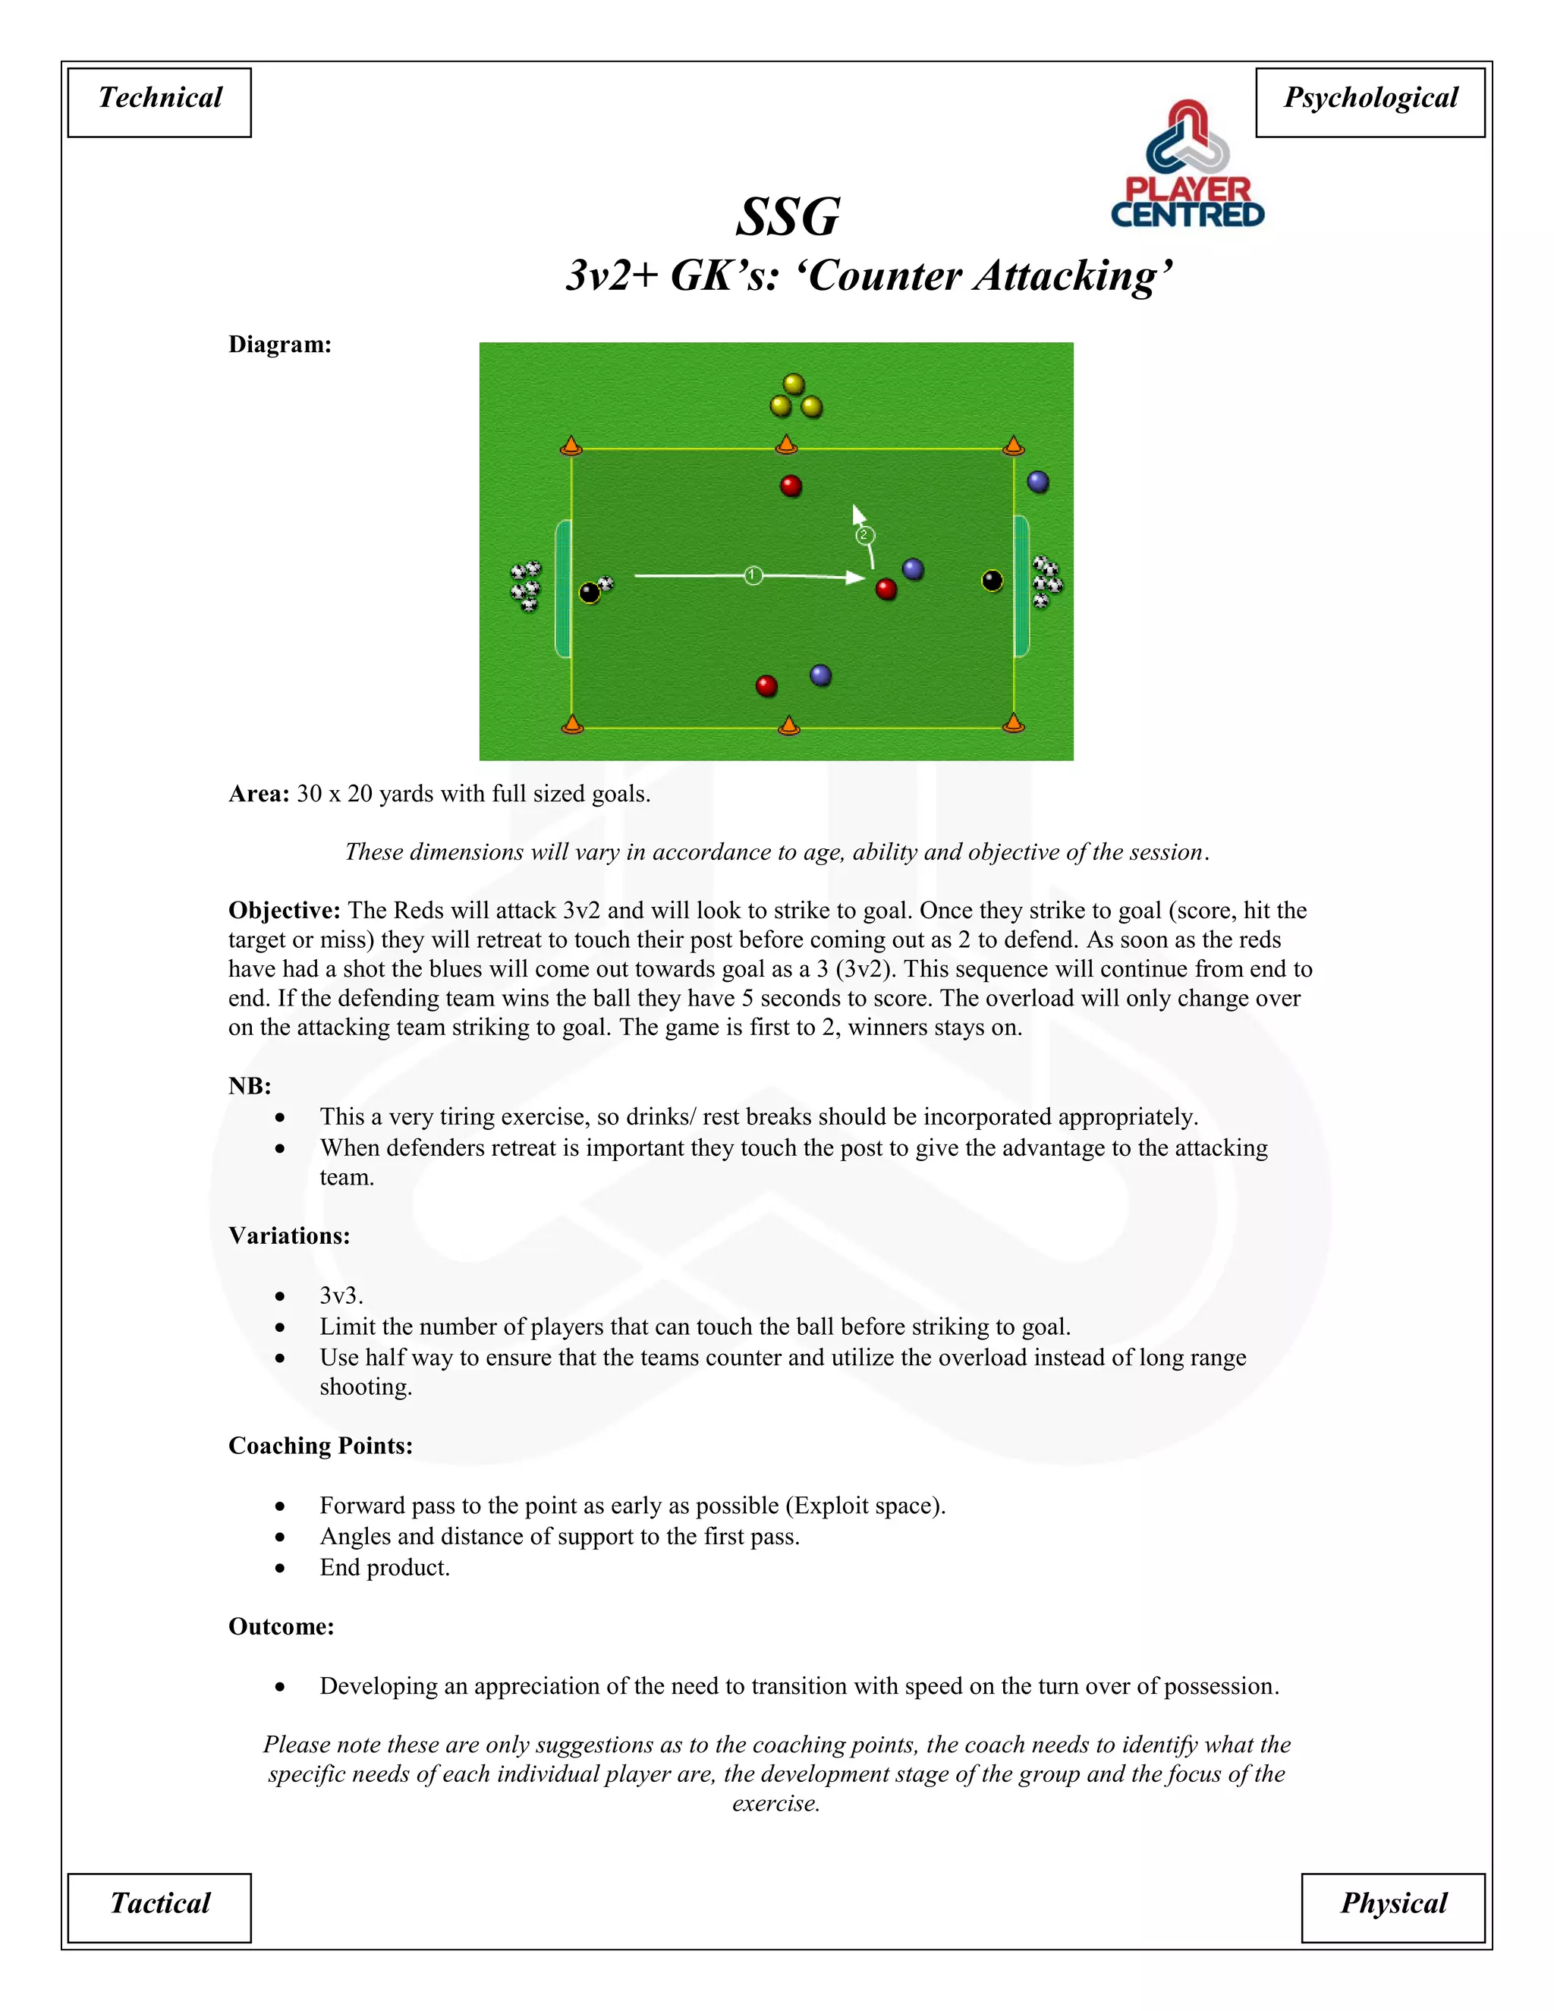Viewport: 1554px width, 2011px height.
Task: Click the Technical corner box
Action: pos(159,102)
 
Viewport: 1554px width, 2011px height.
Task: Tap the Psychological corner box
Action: pos(1370,102)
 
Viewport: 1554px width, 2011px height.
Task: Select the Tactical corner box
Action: pos(159,1907)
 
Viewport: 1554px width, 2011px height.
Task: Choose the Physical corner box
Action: pos(1393,1907)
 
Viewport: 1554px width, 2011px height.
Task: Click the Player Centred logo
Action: pos(1188,165)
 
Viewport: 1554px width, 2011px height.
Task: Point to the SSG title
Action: pos(788,217)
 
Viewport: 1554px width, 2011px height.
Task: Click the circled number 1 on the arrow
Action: pos(753,575)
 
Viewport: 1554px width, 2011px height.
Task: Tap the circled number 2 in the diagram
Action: pos(864,535)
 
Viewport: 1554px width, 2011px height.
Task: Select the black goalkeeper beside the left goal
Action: pos(589,592)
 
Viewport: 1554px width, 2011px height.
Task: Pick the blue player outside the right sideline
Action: pos(1037,482)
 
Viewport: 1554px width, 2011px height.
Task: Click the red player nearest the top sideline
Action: pos(791,485)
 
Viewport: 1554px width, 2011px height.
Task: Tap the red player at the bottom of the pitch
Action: pos(766,685)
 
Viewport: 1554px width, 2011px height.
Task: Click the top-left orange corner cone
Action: pos(571,446)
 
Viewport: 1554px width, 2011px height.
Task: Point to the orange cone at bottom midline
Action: pos(789,725)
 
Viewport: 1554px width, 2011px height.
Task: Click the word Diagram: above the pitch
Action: pos(280,345)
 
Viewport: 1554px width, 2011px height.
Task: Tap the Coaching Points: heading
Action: pos(320,1446)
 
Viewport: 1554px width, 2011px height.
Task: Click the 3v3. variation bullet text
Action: pos(341,1295)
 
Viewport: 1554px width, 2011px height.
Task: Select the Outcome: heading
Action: pos(281,1626)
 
